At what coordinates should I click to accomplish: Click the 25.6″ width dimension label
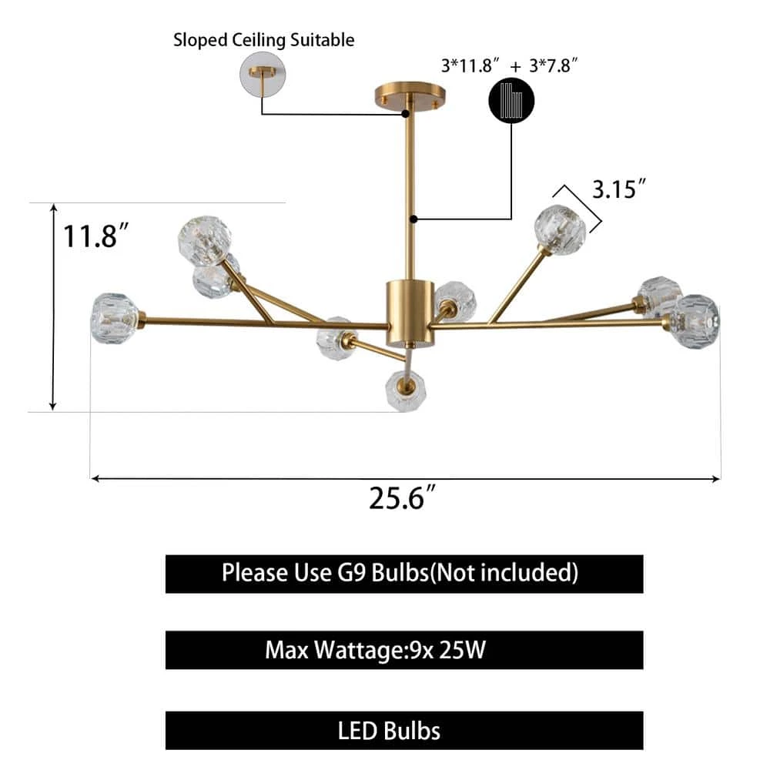tap(403, 499)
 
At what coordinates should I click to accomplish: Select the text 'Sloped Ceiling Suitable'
tap(263, 39)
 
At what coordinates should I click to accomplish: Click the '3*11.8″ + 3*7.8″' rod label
tap(510, 65)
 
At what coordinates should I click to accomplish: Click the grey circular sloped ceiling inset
tap(262, 75)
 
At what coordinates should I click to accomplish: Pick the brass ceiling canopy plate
tap(410, 97)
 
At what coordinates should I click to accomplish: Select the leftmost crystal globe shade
tap(114, 318)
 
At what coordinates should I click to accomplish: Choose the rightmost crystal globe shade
tap(695, 320)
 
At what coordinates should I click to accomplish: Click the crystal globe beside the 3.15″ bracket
tap(561, 229)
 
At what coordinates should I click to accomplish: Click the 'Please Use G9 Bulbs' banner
tap(403, 574)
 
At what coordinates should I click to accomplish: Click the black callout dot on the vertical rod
tap(413, 219)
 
